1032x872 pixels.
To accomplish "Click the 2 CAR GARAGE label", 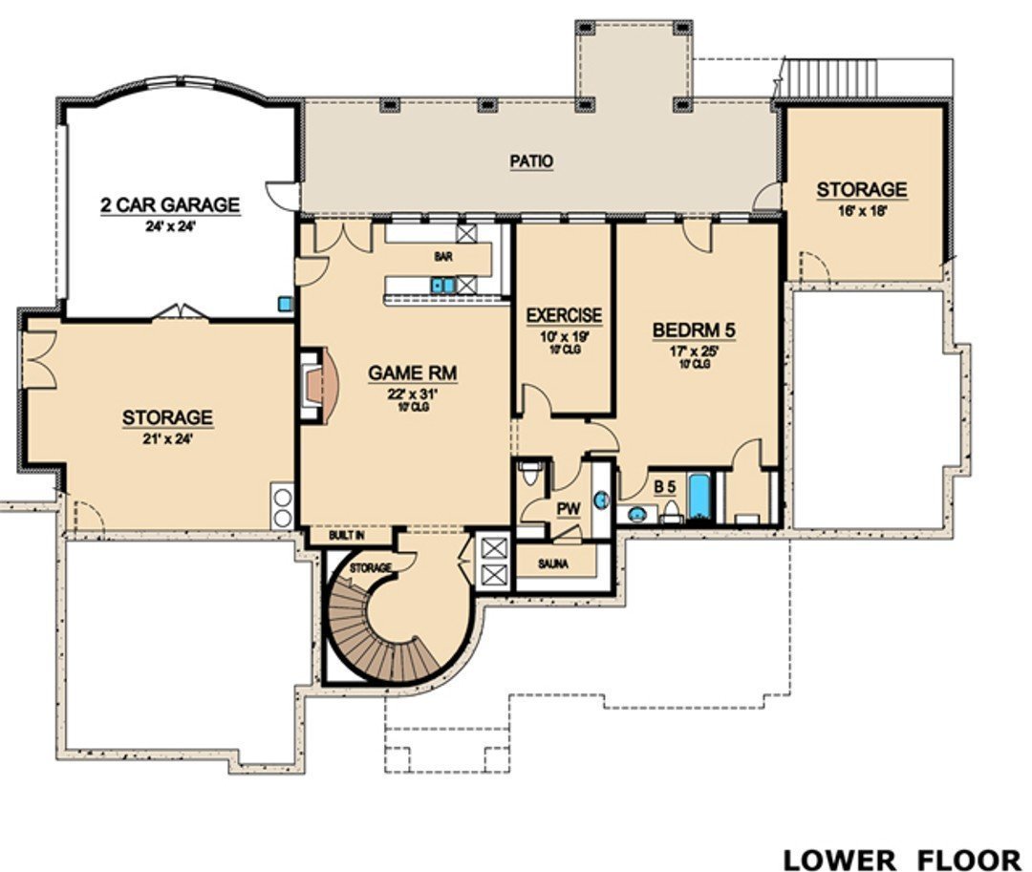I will coord(170,204).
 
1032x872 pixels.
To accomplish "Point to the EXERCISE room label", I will coord(564,314).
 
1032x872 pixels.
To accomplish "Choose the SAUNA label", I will coord(552,564).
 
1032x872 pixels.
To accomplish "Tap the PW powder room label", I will coord(569,508).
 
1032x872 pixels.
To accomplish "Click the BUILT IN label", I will coord(346,537).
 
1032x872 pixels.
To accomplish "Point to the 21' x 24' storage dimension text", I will coord(167,439).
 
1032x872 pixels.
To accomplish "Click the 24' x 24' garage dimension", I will coord(170,227).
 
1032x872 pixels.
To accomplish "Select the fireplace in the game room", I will coord(317,386).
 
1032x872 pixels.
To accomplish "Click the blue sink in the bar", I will coord(441,285).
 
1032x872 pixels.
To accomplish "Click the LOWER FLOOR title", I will coord(900,858).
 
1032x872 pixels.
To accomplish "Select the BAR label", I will coord(442,257).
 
